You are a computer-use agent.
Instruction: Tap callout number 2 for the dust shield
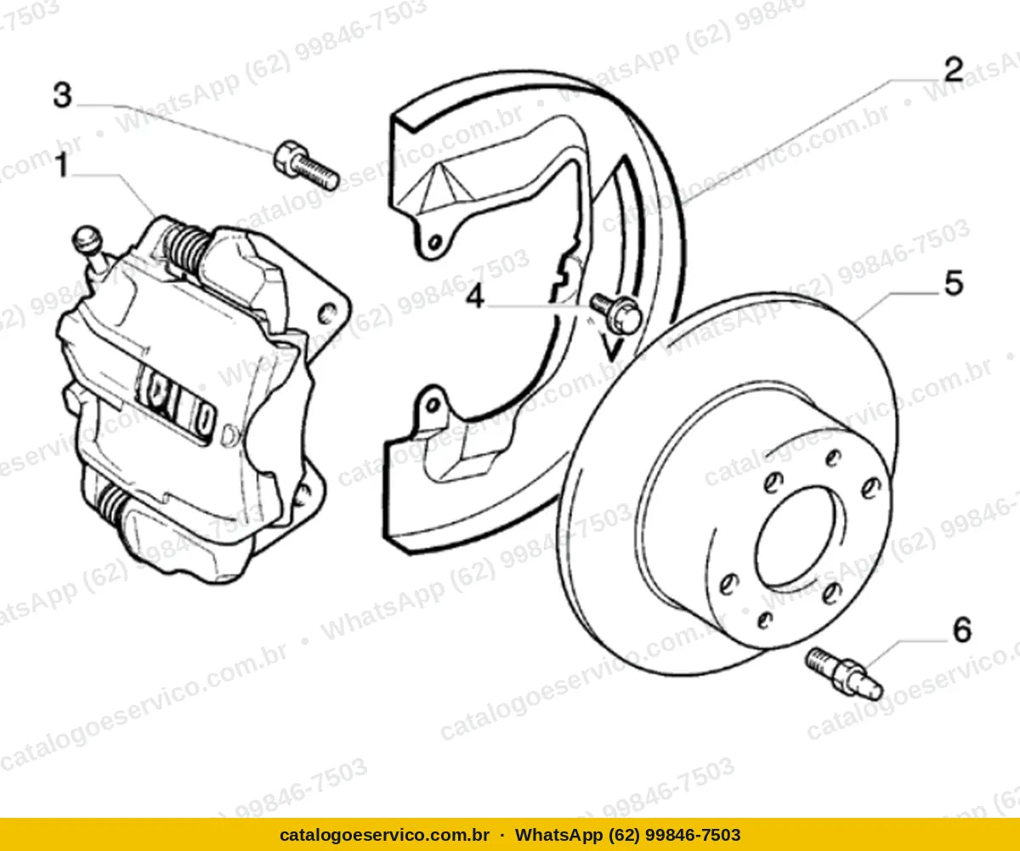[x=954, y=70]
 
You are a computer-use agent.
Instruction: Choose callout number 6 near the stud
[x=962, y=630]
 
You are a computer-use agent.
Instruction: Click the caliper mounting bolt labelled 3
[x=306, y=165]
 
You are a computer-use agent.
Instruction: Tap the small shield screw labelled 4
[x=616, y=313]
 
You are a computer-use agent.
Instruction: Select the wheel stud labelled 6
[x=844, y=673]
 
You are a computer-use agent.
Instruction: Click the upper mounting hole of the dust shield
[x=433, y=242]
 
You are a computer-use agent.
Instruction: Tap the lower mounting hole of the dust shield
[x=432, y=406]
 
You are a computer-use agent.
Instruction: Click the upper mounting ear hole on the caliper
[x=327, y=313]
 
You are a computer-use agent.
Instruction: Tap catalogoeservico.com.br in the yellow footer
[x=384, y=835]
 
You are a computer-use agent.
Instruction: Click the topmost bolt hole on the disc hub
[x=833, y=457]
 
